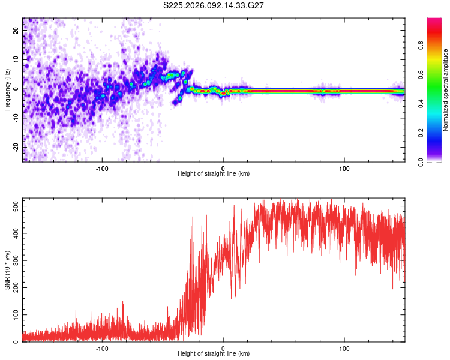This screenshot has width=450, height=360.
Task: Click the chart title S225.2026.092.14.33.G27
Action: [214, 5]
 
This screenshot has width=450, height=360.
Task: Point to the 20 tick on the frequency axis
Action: [16, 31]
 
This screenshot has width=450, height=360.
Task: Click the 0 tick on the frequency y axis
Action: [16, 89]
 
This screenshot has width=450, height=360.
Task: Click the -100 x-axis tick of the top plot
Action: [102, 168]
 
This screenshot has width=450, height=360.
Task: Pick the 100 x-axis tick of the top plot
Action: [344, 168]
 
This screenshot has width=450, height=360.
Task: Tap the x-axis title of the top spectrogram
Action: [214, 174]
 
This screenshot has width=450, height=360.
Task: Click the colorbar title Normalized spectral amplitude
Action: [446, 90]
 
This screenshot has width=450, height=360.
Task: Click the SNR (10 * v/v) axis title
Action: [7, 270]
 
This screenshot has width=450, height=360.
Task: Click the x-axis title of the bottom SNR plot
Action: [214, 354]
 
